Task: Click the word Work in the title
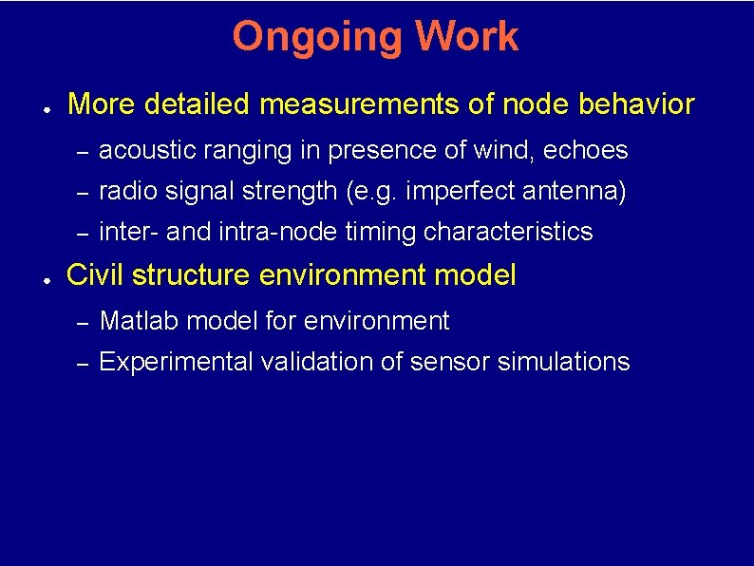465,37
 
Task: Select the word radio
127,192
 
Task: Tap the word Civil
96,276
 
